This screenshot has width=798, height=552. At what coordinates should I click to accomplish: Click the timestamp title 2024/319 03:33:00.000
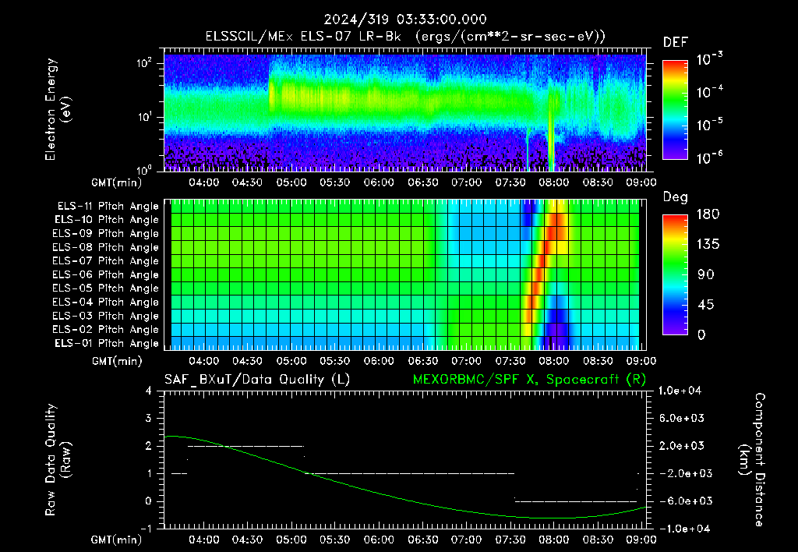[x=405, y=19]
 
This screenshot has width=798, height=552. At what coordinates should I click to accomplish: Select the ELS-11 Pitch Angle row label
[x=108, y=207]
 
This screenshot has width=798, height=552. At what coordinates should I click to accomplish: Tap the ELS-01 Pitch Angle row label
[x=106, y=343]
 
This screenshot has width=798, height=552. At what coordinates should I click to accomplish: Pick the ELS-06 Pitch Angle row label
[x=105, y=274]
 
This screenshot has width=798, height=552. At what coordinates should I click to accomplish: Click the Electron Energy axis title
[x=58, y=109]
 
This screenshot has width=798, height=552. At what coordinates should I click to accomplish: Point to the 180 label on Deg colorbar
[x=708, y=214]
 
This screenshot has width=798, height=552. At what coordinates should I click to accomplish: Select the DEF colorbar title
[x=675, y=42]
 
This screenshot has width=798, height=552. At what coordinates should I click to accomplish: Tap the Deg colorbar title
[x=675, y=197]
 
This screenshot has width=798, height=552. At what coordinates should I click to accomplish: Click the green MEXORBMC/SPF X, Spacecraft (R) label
[x=529, y=380]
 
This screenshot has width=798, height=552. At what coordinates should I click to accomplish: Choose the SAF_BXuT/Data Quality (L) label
[x=257, y=380]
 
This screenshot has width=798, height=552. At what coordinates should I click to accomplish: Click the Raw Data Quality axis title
[x=58, y=460]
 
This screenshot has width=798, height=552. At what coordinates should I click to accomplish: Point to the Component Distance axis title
[x=752, y=460]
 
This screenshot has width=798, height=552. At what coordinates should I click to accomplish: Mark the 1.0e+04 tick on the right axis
[x=680, y=391]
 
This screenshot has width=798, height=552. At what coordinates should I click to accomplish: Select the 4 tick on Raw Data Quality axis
[x=149, y=391]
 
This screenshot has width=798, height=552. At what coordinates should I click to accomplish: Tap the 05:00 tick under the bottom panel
[x=291, y=540]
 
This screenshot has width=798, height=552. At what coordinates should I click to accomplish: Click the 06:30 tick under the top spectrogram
[x=423, y=182]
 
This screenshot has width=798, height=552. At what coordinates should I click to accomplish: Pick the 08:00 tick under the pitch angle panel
[x=554, y=360]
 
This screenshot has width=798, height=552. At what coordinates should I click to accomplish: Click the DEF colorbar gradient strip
[x=675, y=109]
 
